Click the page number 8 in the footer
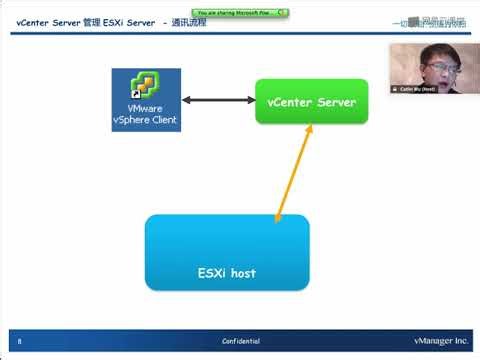(x=19, y=341)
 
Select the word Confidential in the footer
(x=241, y=341)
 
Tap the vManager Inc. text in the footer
(x=440, y=341)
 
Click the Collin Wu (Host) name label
(x=432, y=88)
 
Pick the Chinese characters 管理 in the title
(x=90, y=21)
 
